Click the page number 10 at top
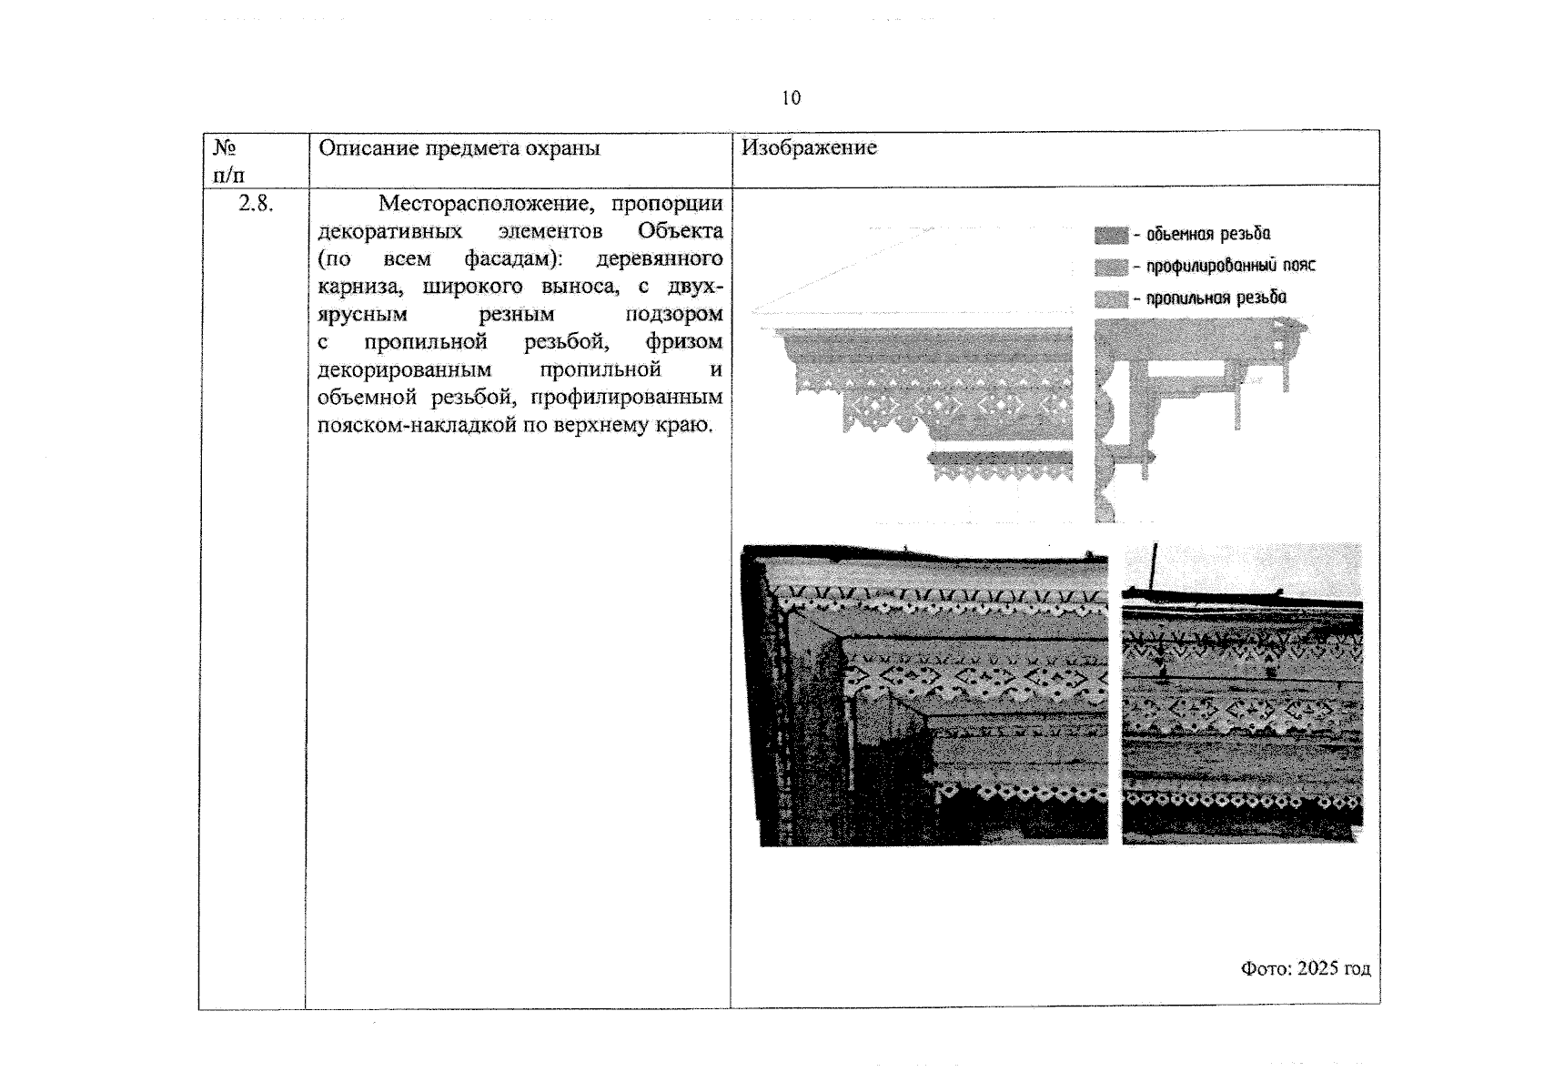pyautogui.click(x=792, y=98)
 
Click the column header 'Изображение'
pyautogui.click(x=809, y=147)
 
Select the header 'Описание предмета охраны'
pyautogui.click(x=459, y=148)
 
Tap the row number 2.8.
pyautogui.click(x=255, y=203)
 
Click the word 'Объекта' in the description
pyautogui.click(x=681, y=231)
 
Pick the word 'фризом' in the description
pyautogui.click(x=684, y=342)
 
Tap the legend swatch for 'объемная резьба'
pyautogui.click(x=1111, y=236)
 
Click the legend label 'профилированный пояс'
pyautogui.click(x=1231, y=266)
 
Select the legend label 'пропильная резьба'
pyautogui.click(x=1216, y=298)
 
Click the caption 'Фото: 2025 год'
pyautogui.click(x=1306, y=968)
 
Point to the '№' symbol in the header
pyautogui.click(x=225, y=147)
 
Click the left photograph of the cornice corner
pyautogui.click(x=924, y=695)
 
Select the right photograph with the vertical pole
pyautogui.click(x=1242, y=693)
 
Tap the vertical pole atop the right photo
pyautogui.click(x=1155, y=567)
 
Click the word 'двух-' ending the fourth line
pyautogui.click(x=695, y=286)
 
